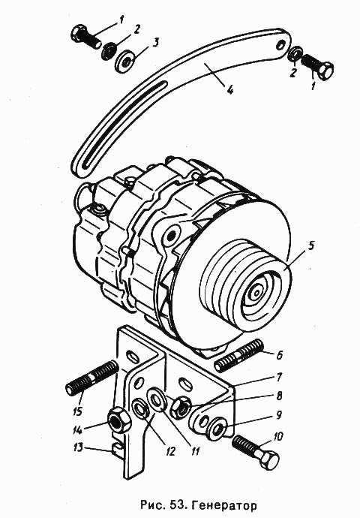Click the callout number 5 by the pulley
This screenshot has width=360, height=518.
pyautogui.click(x=310, y=247)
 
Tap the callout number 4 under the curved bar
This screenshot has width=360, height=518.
pyautogui.click(x=229, y=89)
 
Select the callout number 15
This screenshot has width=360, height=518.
pyautogui.click(x=78, y=411)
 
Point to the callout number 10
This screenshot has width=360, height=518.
pyautogui.click(x=277, y=437)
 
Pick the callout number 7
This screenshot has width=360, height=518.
pyautogui.click(x=279, y=377)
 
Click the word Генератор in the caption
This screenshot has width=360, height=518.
pyautogui.click(x=225, y=505)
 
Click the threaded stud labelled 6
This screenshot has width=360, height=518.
pyautogui.click(x=239, y=355)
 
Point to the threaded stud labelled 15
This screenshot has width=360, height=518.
pyautogui.click(x=92, y=378)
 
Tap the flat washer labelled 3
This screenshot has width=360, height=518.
pyautogui.click(x=124, y=63)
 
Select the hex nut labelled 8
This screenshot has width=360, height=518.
pyautogui.click(x=179, y=408)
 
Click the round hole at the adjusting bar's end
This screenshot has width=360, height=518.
pyautogui.click(x=280, y=45)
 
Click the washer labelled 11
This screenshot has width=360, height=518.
pyautogui.click(x=157, y=399)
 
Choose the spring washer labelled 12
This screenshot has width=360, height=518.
pyautogui.click(x=140, y=409)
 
